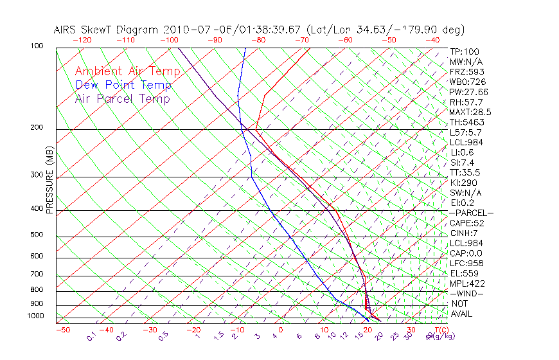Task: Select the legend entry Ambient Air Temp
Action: tap(127, 71)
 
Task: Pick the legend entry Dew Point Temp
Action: tap(123, 85)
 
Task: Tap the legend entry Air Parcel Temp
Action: tap(122, 98)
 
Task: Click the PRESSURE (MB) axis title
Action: tap(50, 184)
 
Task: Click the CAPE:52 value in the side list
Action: tap(466, 223)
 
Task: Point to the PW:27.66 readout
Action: tap(469, 92)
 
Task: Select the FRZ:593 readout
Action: tap(467, 72)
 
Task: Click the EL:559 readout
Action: tap(464, 273)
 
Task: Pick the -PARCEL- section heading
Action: tap(471, 213)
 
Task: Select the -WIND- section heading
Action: tap(467, 293)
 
